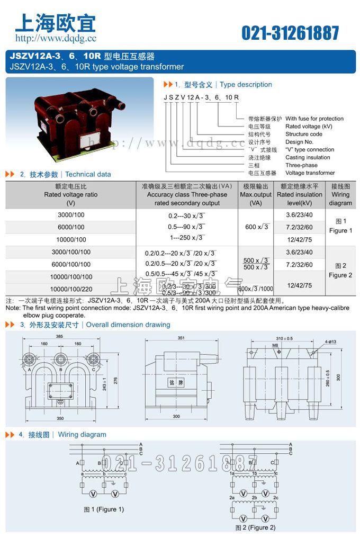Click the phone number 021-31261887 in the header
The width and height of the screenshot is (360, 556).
(x=290, y=33)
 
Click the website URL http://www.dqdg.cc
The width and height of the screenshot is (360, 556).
(x=56, y=38)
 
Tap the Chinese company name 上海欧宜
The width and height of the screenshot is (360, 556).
(x=56, y=22)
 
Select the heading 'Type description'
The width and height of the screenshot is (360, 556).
(x=246, y=85)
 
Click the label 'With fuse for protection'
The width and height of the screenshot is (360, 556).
(x=314, y=119)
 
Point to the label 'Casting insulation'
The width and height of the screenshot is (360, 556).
(x=308, y=157)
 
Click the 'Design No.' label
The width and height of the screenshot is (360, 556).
(x=299, y=142)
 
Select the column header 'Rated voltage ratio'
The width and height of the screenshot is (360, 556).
(x=71, y=195)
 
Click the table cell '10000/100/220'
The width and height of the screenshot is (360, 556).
(x=71, y=289)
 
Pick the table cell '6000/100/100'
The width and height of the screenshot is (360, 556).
(x=71, y=265)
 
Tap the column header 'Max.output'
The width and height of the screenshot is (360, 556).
(x=256, y=195)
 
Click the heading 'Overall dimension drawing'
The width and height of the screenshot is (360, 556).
(x=128, y=325)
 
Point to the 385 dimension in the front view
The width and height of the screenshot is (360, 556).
(x=59, y=337)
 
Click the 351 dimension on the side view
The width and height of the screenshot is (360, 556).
(x=181, y=337)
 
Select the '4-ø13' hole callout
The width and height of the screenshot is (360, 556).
(x=325, y=342)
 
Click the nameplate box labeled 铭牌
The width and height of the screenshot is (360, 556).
(x=176, y=382)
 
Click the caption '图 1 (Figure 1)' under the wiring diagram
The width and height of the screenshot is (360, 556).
(x=104, y=510)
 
